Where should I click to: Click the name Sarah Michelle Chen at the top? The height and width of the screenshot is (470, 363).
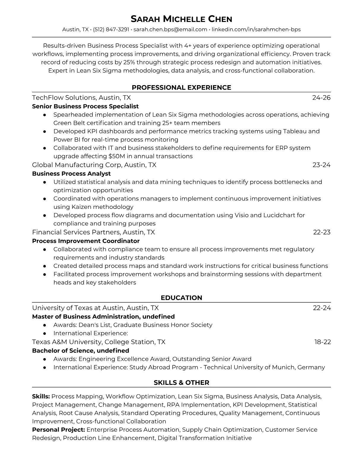pos(181,19)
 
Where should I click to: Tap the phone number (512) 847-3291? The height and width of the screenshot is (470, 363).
pos(111,29)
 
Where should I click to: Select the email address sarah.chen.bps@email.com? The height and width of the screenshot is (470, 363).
pos(170,29)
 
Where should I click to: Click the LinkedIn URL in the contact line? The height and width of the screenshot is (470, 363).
pos(256,29)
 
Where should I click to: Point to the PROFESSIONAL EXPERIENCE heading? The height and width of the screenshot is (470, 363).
pos(181,88)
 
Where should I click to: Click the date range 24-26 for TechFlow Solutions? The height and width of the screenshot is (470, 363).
pos(321,98)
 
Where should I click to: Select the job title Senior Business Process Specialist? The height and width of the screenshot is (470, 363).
pos(85,106)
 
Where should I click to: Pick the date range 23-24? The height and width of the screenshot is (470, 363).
pos(321,165)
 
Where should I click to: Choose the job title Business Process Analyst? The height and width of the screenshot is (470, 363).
pos(71,174)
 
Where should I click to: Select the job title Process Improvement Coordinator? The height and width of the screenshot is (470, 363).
pos(86,241)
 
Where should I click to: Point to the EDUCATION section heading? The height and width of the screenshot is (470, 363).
pos(181,298)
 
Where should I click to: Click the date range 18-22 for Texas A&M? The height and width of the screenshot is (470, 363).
pos(322,342)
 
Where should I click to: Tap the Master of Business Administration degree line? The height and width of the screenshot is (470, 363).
pos(103,317)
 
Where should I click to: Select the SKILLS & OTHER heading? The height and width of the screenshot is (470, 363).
pos(181,383)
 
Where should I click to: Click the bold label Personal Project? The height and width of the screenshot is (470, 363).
pos(59,430)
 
